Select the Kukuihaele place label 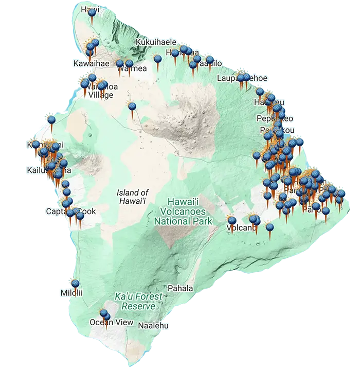156,42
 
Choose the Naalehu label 153,326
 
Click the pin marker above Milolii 75,284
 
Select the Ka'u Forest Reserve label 138,302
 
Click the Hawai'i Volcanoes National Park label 183,212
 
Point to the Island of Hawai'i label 133,196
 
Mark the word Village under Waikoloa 101,95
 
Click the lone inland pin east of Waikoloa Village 132,107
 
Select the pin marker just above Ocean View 104,313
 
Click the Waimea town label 135,69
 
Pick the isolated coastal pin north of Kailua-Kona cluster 51,120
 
